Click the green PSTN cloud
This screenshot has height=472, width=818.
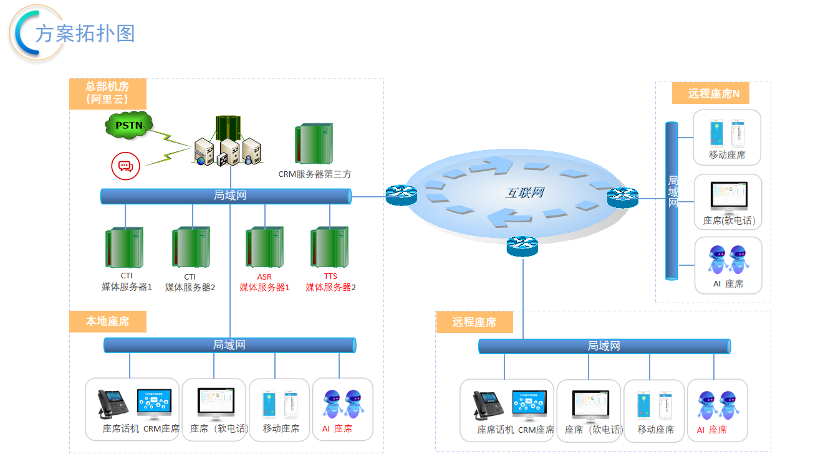(x=128, y=125)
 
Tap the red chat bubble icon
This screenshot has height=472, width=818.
(x=126, y=166)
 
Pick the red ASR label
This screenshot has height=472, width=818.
(x=264, y=276)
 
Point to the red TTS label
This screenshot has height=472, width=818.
(x=330, y=276)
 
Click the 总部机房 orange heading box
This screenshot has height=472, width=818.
(x=107, y=93)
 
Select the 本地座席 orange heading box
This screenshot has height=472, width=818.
(x=107, y=321)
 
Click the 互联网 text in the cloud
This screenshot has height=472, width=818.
(x=524, y=193)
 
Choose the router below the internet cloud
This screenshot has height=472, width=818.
(x=522, y=246)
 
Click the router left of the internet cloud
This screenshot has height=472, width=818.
(x=401, y=196)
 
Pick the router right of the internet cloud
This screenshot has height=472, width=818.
(x=623, y=197)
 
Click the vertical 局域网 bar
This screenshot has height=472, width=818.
(x=672, y=201)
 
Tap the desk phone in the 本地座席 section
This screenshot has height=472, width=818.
(x=113, y=405)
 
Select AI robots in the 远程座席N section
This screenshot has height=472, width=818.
(x=728, y=260)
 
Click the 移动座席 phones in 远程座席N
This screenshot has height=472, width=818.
(x=728, y=132)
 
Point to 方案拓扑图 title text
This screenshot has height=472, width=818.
(x=85, y=33)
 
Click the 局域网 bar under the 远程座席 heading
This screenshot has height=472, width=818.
(x=604, y=346)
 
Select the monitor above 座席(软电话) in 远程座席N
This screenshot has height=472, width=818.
(x=728, y=198)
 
